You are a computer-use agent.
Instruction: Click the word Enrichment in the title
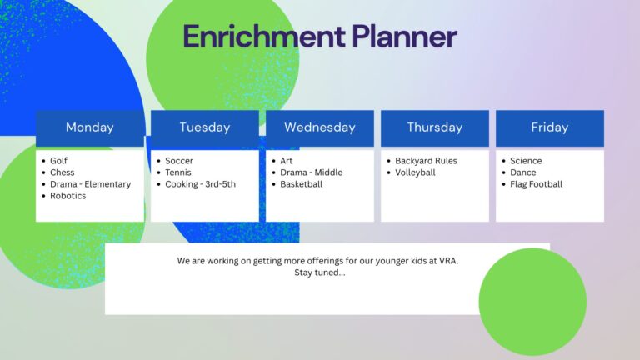264,37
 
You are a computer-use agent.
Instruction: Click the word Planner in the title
404,37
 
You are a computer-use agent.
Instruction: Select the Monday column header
90,127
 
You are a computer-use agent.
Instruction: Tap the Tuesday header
205,127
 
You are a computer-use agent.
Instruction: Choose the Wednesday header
320,127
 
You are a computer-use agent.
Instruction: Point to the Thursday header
435,127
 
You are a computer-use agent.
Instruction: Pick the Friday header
550,127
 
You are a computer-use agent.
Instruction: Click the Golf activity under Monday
59,161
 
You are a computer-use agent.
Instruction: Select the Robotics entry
68,196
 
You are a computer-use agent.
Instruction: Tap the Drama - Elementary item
91,184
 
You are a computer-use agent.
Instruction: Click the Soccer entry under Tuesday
179,161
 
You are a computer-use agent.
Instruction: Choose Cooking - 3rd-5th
200,184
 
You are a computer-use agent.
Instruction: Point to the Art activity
287,161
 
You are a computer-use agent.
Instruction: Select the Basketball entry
301,184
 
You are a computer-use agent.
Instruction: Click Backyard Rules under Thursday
426,161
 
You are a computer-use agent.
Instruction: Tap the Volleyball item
415,172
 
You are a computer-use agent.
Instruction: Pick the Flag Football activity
537,184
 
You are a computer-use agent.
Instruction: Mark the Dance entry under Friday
523,172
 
